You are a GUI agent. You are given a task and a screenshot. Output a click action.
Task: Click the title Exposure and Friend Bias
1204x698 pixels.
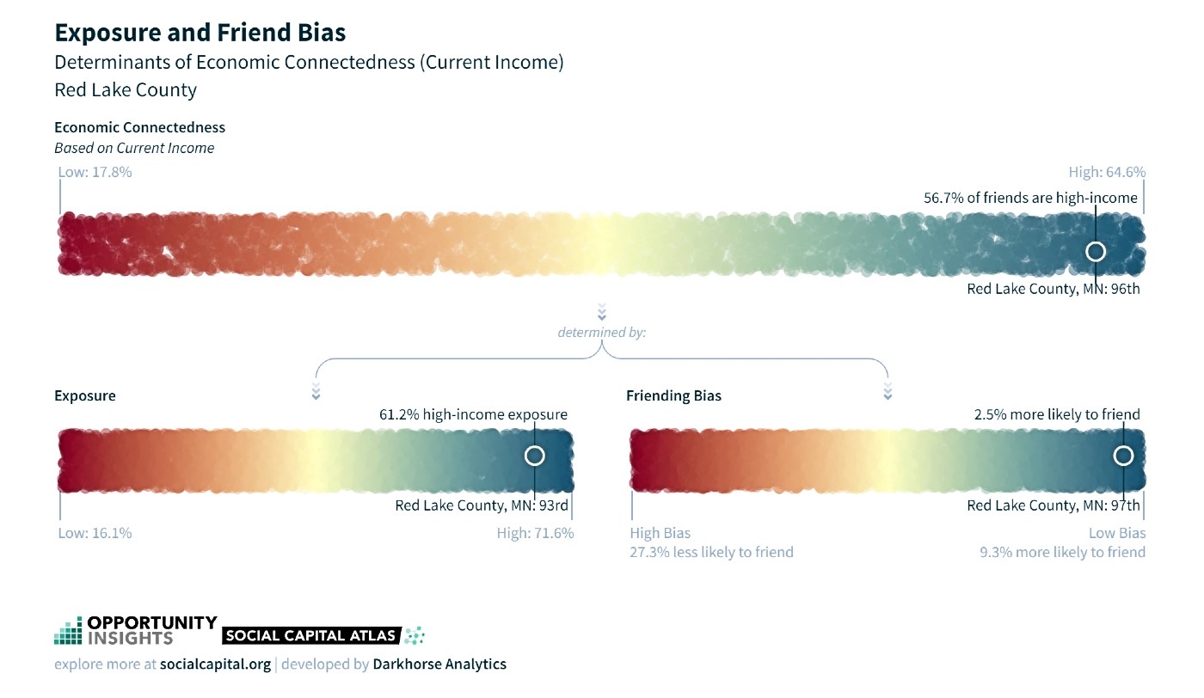click(200, 33)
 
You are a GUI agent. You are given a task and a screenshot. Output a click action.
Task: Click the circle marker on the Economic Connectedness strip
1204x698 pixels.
click(1096, 242)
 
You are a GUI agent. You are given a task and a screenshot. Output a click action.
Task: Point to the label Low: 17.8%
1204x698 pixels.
click(95, 172)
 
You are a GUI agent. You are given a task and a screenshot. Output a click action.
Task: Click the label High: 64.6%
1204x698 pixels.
click(1107, 172)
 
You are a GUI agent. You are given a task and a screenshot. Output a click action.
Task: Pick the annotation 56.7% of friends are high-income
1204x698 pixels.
click(1030, 198)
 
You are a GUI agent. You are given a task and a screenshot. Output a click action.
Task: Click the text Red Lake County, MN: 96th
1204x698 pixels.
click(1053, 289)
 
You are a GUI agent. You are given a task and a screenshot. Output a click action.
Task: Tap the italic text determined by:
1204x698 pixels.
click(601, 333)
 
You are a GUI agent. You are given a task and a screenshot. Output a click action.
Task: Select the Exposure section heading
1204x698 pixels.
click(85, 395)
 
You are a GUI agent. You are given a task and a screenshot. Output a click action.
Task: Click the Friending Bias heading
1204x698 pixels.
click(673, 395)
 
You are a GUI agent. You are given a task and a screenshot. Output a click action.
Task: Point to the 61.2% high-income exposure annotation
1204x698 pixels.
click(473, 414)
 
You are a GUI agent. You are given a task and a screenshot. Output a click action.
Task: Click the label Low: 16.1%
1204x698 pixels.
click(95, 533)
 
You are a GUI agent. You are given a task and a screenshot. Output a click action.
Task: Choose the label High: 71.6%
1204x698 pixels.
click(535, 533)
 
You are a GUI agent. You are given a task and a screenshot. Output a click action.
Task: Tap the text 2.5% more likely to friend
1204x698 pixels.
click(1057, 414)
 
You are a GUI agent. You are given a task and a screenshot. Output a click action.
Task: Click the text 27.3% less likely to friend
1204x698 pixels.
click(711, 553)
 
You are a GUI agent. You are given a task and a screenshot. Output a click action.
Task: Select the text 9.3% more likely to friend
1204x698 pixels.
click(1062, 553)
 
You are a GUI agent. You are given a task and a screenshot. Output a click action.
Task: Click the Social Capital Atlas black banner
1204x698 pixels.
click(311, 635)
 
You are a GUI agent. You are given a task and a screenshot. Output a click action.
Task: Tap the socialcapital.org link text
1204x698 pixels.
click(215, 664)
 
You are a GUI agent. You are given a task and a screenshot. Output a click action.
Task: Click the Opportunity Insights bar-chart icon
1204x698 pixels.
click(68, 631)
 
